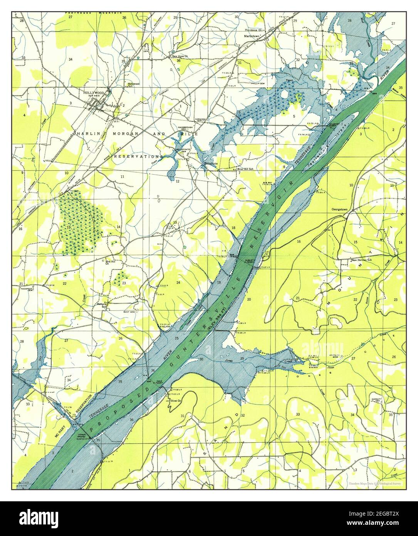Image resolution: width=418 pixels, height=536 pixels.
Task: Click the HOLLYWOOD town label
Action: coord(94,93)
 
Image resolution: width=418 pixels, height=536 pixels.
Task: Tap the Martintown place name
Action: coord(253,35)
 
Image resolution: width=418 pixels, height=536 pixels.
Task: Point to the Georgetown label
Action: coord(339,210)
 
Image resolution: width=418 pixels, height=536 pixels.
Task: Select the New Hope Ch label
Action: coord(180,56)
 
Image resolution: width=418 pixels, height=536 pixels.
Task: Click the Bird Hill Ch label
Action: coord(110,263)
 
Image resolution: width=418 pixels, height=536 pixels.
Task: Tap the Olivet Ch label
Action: coord(175,401)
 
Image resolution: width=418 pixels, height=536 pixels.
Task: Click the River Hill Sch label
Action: coord(245,169)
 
